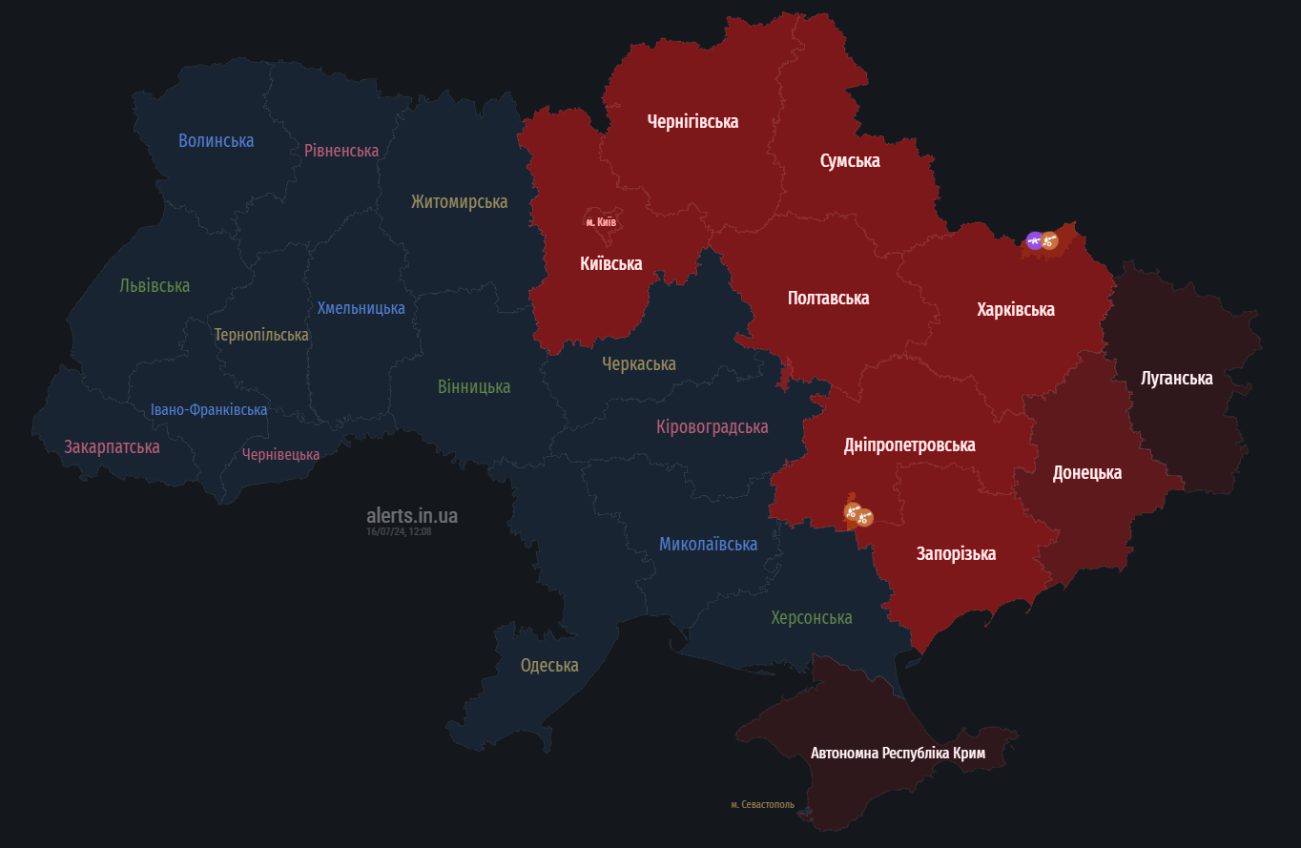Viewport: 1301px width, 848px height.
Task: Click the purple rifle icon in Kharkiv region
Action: pos(1034,239)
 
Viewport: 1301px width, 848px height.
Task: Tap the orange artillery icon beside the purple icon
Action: pos(1050,241)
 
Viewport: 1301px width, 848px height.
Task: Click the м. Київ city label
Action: pos(601,222)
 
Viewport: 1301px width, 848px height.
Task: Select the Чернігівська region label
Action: pos(692,121)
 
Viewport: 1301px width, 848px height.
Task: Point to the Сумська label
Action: pos(850,160)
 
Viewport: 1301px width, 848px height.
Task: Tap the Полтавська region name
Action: pos(828,298)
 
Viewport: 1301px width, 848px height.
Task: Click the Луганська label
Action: pos(1176,378)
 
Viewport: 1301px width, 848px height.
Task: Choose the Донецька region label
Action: pos(1086,472)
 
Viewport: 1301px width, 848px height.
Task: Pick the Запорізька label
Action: pos(956,553)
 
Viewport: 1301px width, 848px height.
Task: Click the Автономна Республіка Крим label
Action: pos(898,753)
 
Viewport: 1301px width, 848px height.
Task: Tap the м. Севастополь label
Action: pos(762,804)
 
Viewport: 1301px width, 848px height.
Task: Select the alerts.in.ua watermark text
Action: pos(411,515)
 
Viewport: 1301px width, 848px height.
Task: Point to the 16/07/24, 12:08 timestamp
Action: pos(399,531)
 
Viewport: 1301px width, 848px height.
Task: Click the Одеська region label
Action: pos(549,665)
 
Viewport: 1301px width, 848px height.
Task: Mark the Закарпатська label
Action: pos(112,446)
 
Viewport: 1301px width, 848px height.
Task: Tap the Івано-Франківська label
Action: pos(209,409)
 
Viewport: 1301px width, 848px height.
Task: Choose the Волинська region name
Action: pos(216,140)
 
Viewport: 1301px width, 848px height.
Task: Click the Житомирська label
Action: pos(459,201)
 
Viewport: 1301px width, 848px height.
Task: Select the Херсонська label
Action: pos(811,617)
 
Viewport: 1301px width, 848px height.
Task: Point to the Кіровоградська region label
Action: pos(712,426)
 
